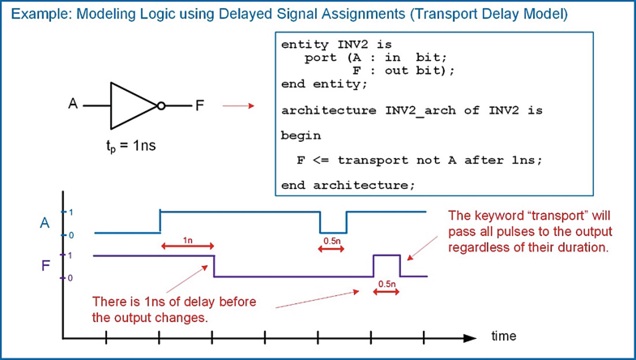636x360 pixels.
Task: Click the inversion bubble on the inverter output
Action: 161,105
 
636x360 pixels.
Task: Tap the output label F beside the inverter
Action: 199,105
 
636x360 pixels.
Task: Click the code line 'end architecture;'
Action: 348,185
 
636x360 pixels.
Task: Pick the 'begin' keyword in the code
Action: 301,135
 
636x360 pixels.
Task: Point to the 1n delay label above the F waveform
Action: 187,241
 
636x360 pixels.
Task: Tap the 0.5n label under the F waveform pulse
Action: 386,284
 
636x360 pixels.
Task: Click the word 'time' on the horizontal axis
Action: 502,336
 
